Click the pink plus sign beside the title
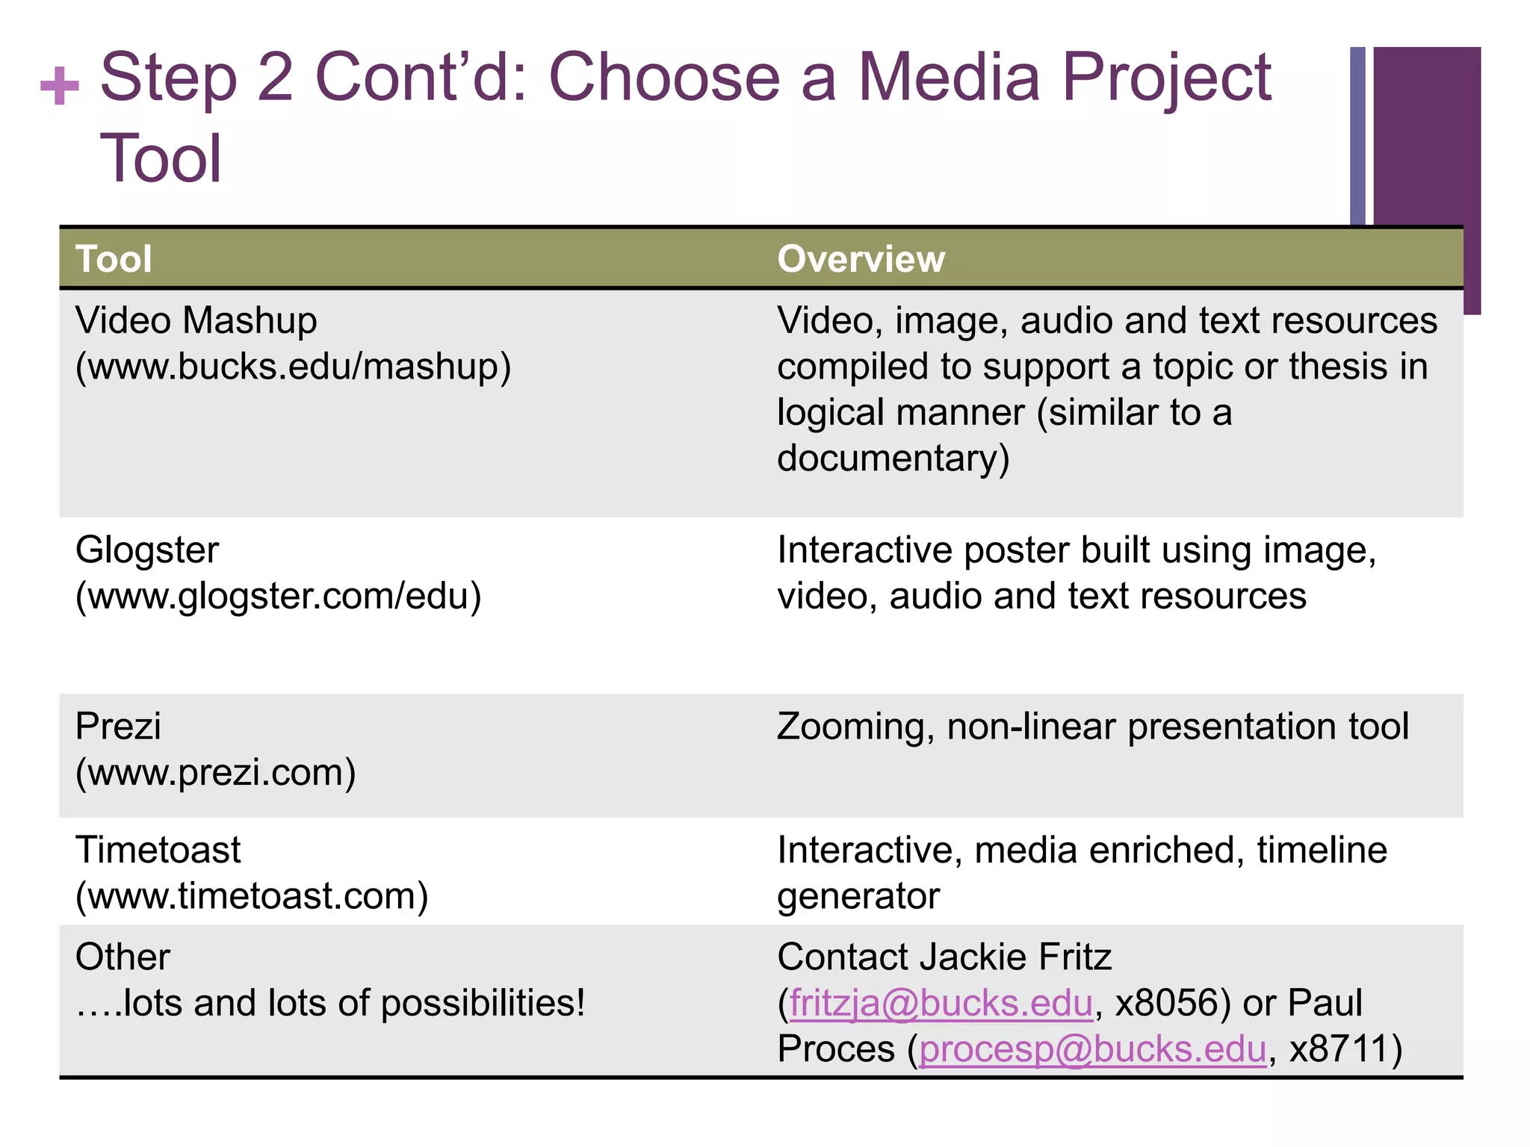click(60, 85)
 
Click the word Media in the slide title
click(949, 78)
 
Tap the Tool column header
click(114, 259)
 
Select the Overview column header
click(861, 259)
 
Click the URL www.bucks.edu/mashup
click(294, 367)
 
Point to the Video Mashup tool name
click(196, 320)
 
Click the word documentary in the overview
click(893, 458)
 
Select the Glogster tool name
click(147, 550)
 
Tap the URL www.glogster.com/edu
click(279, 596)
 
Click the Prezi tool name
click(118, 726)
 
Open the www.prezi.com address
click(216, 772)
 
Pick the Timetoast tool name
click(158, 850)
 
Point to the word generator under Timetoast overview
click(858, 896)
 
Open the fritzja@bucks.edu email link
click(941, 1003)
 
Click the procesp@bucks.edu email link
click(1092, 1048)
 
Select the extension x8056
click(1166, 1003)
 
